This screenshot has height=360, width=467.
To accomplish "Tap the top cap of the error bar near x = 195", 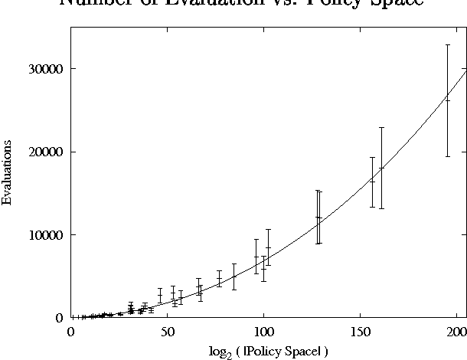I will click(448, 45).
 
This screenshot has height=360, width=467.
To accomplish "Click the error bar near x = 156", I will click(372, 182).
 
